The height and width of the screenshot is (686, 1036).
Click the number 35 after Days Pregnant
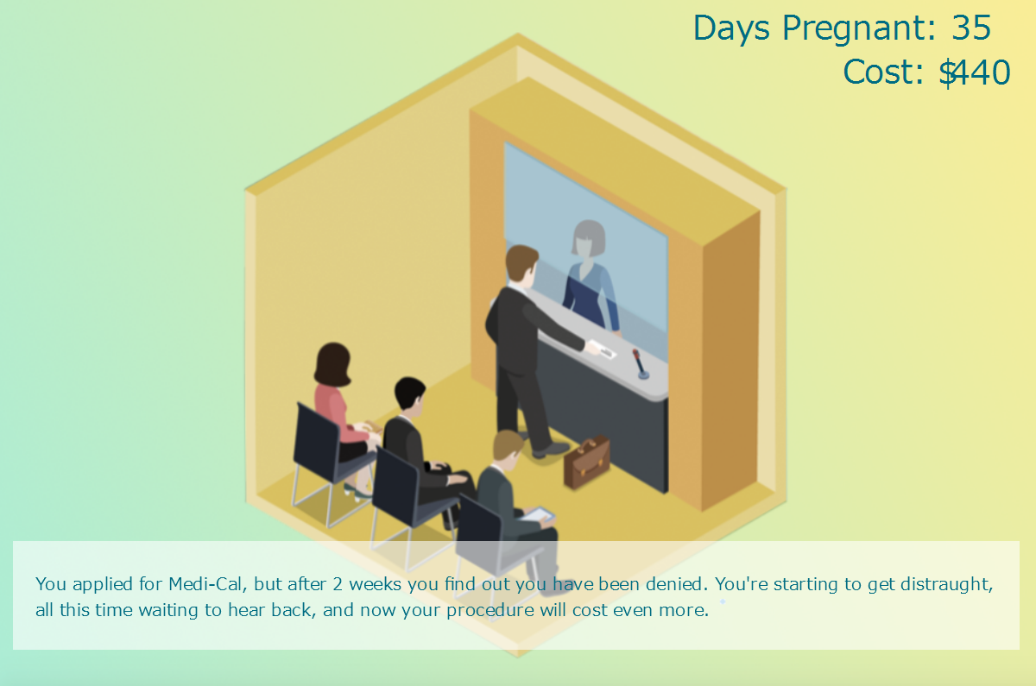(971, 28)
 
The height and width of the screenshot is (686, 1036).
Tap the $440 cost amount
(975, 72)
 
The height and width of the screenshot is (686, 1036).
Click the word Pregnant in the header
(859, 29)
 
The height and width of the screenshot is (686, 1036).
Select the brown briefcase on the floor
(586, 462)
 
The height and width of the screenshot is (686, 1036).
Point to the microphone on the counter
(640, 364)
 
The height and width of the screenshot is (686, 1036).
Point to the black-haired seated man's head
(409, 393)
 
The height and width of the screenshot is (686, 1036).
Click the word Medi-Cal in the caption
(205, 584)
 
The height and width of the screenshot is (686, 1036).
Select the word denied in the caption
(677, 584)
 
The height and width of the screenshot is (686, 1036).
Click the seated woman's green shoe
(357, 492)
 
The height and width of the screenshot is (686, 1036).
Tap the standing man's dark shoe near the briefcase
(552, 449)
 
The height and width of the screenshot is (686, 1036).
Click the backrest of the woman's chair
(317, 443)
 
